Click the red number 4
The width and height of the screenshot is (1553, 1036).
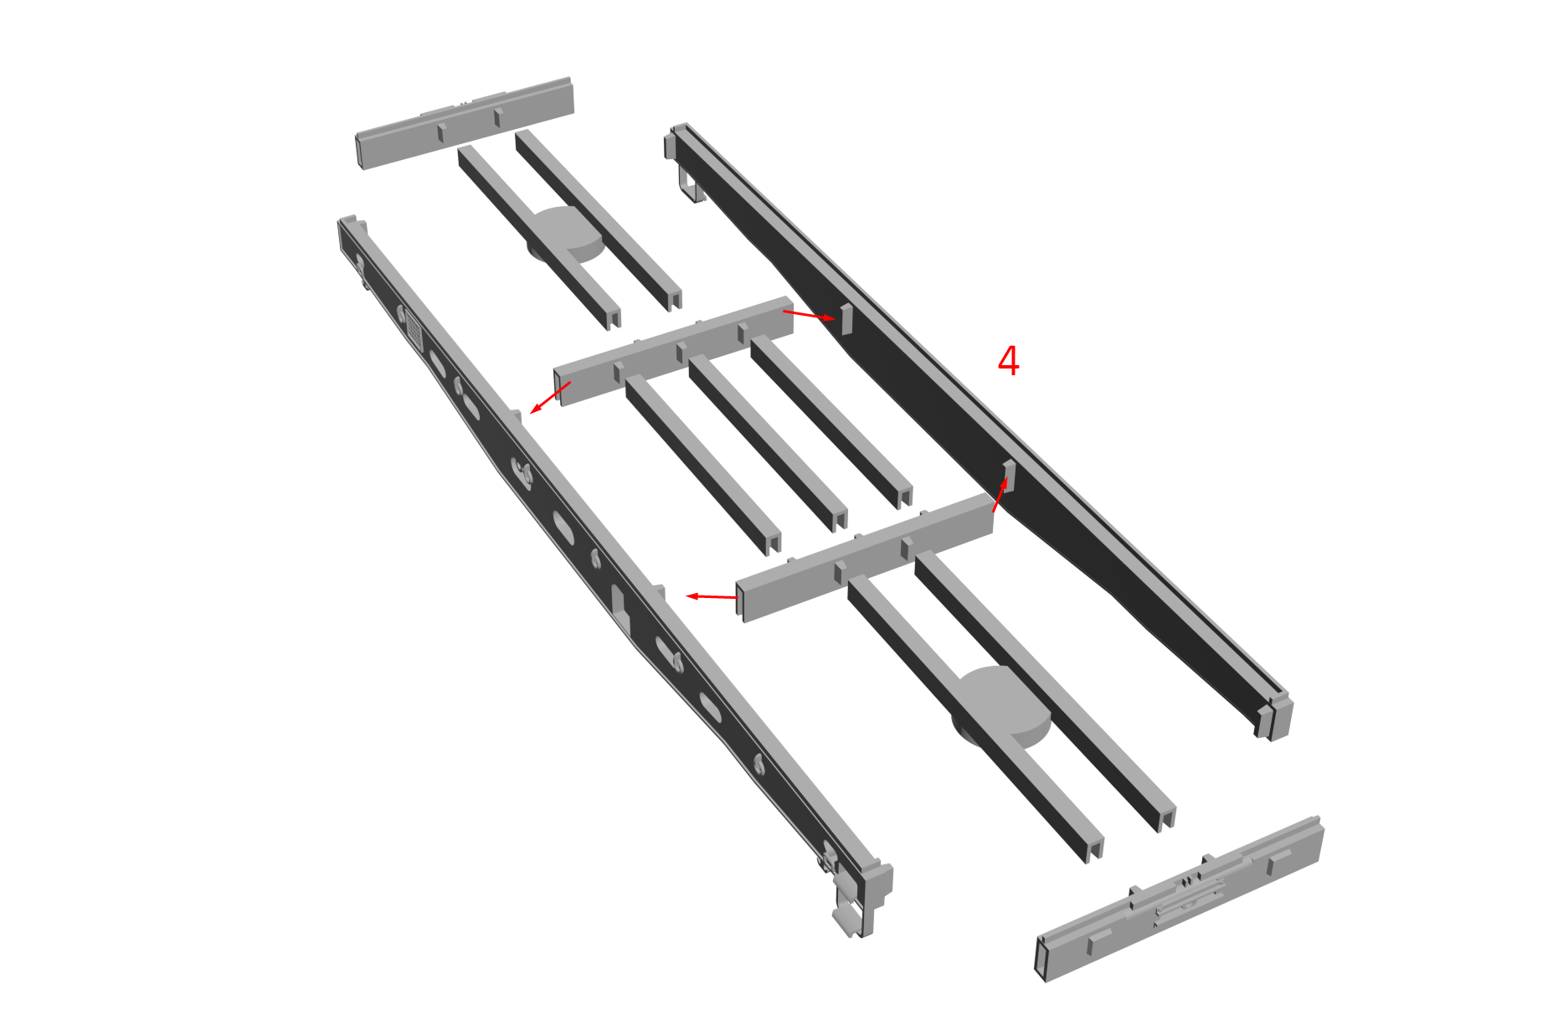[1008, 361]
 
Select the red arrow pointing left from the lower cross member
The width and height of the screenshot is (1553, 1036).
[712, 596]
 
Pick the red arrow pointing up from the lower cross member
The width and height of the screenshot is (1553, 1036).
[1000, 495]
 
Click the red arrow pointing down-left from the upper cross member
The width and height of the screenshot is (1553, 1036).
[550, 398]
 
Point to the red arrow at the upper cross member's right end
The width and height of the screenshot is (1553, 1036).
[809, 315]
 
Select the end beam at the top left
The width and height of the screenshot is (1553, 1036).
[465, 122]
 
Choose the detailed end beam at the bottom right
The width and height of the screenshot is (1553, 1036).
[1180, 898]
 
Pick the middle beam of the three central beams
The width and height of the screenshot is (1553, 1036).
[768, 442]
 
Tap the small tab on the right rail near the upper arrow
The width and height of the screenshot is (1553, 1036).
[846, 319]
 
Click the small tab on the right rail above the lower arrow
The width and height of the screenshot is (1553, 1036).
[1009, 475]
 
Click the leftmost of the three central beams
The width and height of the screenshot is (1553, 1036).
[703, 464]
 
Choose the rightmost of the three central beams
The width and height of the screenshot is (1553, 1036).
[831, 421]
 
